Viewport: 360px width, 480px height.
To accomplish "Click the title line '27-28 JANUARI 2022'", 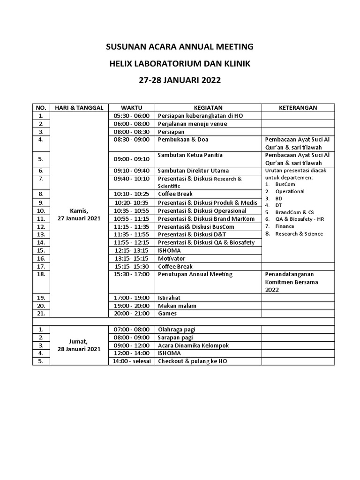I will pyautogui.click(x=180, y=80).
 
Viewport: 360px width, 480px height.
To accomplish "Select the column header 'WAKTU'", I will pyautogui.click(x=131, y=108).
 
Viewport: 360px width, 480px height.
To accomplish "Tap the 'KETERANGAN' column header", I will pyautogui.click(x=298, y=108).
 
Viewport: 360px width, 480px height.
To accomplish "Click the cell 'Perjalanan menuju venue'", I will pyautogui.click(x=192, y=124).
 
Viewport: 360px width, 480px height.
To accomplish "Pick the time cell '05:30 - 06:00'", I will pyautogui.click(x=131, y=116).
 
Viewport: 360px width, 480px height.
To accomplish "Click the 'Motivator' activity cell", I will pyautogui.click(x=172, y=258).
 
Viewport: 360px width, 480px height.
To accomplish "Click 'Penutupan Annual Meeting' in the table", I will pyautogui.click(x=195, y=274).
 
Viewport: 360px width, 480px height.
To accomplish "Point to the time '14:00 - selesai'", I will pyautogui.click(x=131, y=361).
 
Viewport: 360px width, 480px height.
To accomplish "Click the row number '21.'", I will pyautogui.click(x=41, y=314).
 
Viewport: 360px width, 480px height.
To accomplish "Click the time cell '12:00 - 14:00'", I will pyautogui.click(x=131, y=353).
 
